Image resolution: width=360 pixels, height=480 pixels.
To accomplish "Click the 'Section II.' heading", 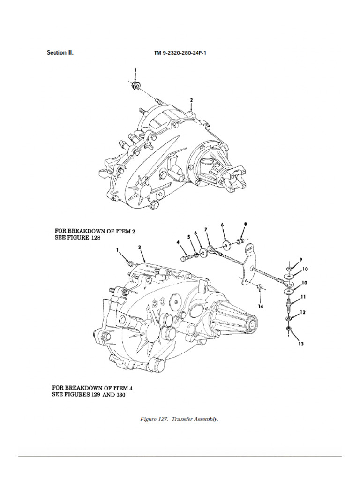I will click(60, 52).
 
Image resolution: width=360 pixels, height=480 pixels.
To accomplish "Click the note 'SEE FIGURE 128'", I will click(78, 238).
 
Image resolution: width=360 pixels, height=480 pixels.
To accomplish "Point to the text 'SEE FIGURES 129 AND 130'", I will click(89, 395).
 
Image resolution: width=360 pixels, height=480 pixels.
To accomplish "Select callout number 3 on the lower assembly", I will click(140, 247).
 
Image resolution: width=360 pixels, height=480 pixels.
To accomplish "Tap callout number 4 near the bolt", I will click(179, 242).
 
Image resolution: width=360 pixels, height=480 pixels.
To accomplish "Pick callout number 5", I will click(190, 238).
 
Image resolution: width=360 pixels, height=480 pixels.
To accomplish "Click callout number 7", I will click(205, 230).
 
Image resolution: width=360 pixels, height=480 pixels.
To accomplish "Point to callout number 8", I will click(244, 225).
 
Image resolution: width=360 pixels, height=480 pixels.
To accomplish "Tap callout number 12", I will click(302, 312).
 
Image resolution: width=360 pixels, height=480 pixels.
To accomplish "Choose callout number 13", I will click(300, 345).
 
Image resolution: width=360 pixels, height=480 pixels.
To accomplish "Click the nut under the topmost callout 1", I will click(135, 85).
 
